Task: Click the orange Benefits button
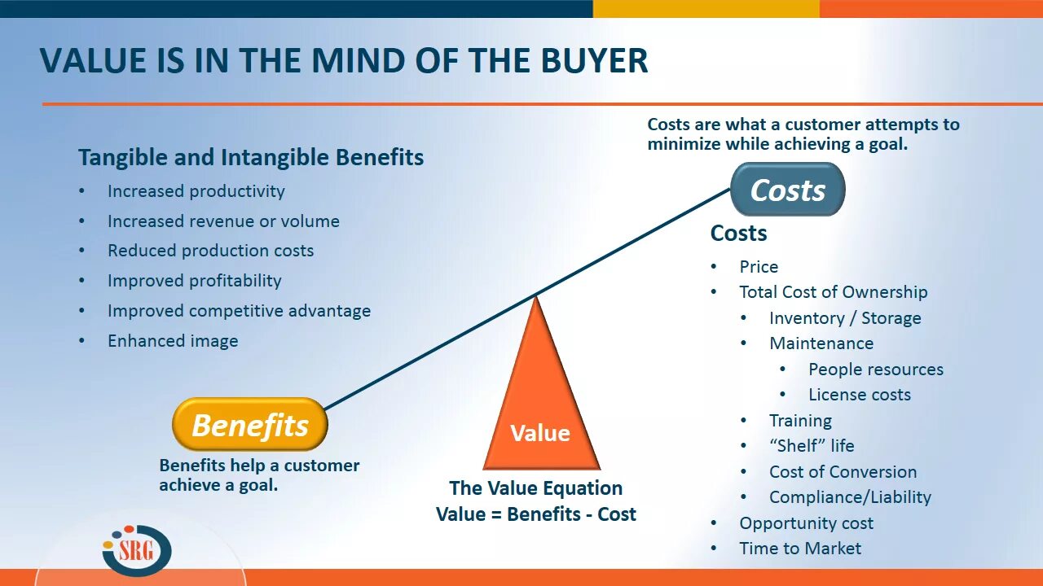[249, 425]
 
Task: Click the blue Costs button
[787, 190]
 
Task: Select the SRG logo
[138, 550]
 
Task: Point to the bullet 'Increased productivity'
[196, 191]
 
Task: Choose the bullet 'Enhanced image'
[173, 341]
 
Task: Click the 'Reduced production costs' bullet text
[210, 251]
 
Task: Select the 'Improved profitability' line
[194, 281]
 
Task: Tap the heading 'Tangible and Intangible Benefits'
[251, 157]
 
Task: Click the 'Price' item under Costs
[759, 267]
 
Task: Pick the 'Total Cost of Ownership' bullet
[833, 292]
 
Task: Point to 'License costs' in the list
[859, 395]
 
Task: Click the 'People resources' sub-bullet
[875, 370]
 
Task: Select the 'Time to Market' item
[799, 549]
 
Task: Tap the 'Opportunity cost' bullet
[806, 523]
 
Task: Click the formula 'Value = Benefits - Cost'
[536, 514]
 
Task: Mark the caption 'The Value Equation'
[535, 488]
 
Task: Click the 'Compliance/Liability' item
[850, 497]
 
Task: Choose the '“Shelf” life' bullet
[812, 446]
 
